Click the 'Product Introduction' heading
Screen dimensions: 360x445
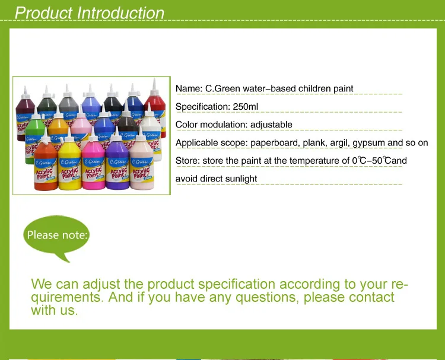click(90, 13)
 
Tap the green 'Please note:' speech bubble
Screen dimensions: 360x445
click(57, 235)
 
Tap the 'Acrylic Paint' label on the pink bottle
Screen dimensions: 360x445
click(94, 173)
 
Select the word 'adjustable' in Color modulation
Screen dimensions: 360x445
click(271, 125)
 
